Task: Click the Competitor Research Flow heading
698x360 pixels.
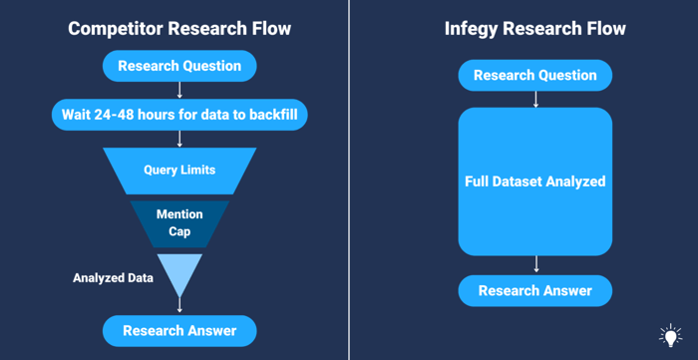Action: [x=179, y=29]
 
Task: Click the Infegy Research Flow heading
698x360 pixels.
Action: [x=535, y=29]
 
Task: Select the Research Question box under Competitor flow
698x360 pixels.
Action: [x=179, y=67]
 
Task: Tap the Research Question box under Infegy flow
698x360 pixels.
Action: [x=535, y=76]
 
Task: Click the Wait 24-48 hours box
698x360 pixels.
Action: [x=179, y=115]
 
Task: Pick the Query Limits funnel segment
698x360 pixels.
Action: [x=179, y=171]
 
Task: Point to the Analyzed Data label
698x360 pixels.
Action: [x=113, y=278]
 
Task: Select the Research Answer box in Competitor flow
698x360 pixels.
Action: [x=179, y=331]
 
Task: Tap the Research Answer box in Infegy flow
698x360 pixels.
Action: [x=535, y=291]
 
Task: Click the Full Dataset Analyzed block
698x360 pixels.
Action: [x=535, y=181]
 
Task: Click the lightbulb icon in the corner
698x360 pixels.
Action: [x=670, y=335]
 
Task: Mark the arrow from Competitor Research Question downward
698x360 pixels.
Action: [x=179, y=90]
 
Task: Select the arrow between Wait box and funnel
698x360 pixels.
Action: [x=179, y=139]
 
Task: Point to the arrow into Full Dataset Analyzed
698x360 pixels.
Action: [x=535, y=99]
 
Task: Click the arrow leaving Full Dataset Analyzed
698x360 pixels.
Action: [x=535, y=264]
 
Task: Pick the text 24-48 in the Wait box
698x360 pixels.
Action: [x=123, y=115]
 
